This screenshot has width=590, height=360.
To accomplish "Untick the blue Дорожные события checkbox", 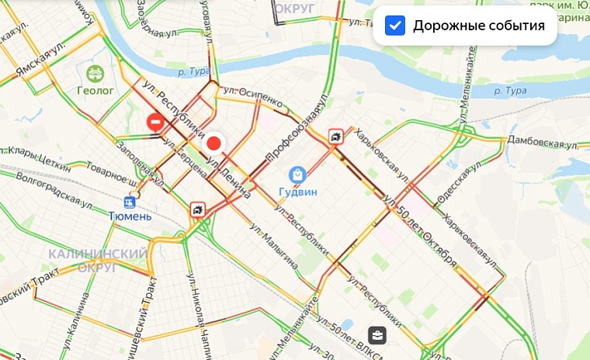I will [396, 26].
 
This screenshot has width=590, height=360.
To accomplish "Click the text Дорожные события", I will [478, 26].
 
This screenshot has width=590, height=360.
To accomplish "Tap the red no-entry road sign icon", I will [155, 122].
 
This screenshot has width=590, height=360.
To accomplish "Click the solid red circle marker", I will [213, 144].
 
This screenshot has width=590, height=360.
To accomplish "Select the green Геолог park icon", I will [95, 74].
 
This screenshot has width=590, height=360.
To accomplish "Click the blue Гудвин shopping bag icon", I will [296, 175].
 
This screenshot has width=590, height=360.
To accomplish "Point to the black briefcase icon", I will [376, 335].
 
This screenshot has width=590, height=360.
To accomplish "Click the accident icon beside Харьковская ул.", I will [335, 137].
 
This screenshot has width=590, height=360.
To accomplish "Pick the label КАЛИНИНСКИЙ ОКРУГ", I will [97, 261].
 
